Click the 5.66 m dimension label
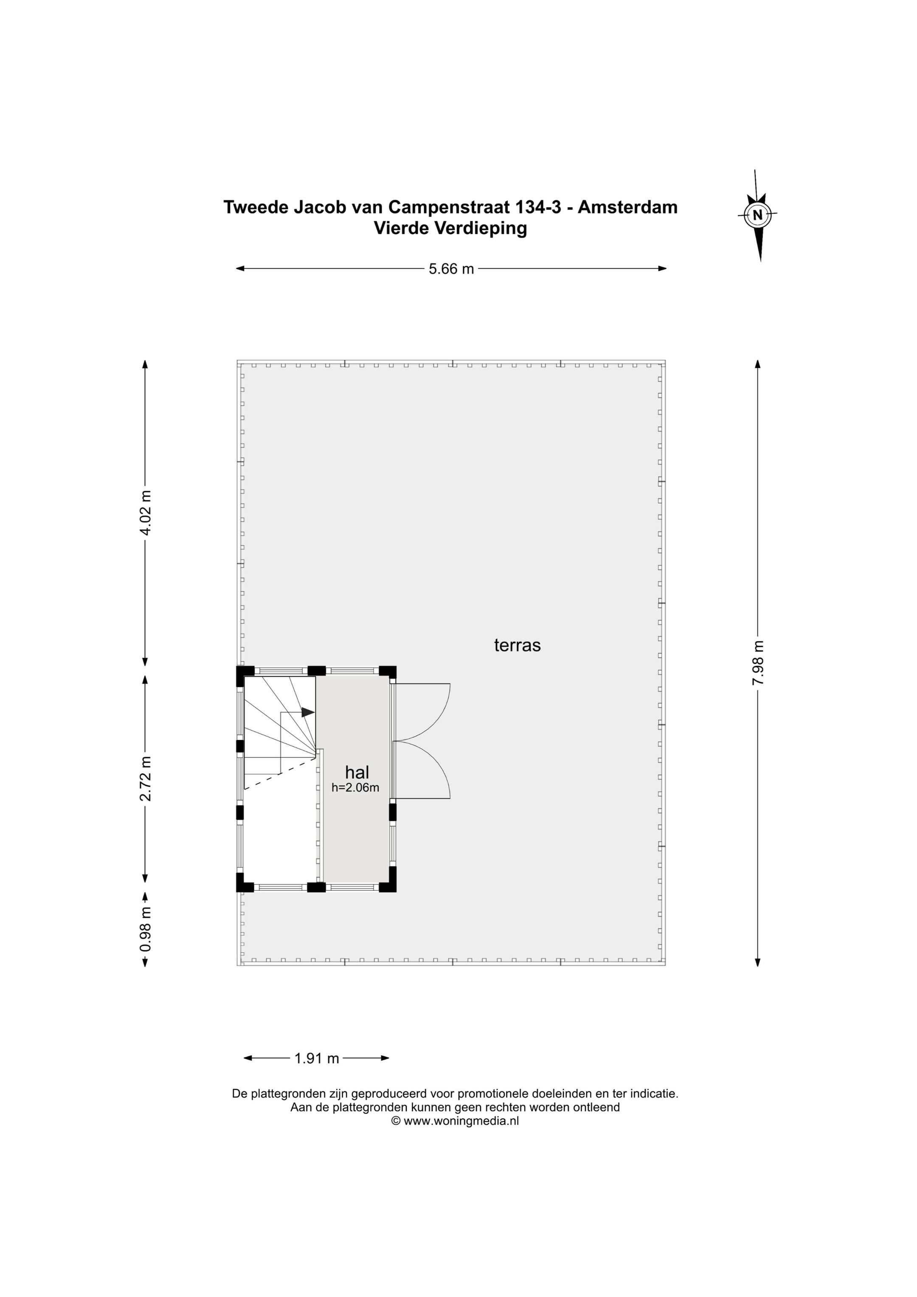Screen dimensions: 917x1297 point(451,269)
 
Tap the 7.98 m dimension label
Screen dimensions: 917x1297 point(758,663)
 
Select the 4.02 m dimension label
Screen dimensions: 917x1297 point(145,513)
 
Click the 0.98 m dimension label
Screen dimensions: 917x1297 point(145,928)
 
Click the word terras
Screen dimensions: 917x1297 point(517,645)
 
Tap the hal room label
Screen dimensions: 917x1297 point(357,772)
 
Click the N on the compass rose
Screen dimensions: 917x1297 point(758,215)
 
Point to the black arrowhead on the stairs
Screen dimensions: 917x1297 point(308,712)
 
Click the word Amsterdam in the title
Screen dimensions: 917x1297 point(628,207)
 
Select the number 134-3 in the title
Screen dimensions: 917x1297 point(538,207)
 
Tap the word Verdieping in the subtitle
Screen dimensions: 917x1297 point(481,228)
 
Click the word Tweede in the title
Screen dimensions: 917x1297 point(256,207)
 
